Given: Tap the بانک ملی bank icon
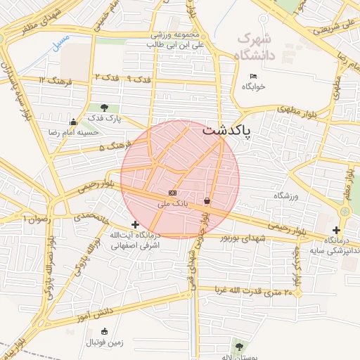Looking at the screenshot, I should [x=172, y=193].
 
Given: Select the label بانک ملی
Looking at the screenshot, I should [x=172, y=204].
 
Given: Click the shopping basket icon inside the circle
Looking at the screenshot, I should [x=207, y=201].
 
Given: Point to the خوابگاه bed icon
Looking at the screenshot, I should [x=254, y=76].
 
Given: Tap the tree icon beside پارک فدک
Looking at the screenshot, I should [x=105, y=108].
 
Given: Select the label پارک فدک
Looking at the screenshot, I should [x=105, y=118].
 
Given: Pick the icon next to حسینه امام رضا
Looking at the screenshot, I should [x=74, y=122].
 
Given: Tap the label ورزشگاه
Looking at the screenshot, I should [x=286, y=195].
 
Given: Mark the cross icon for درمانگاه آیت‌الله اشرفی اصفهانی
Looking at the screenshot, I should [x=136, y=224].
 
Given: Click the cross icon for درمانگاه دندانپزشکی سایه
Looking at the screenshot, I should [x=337, y=230].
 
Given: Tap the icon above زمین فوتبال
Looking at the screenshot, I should [x=105, y=331].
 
